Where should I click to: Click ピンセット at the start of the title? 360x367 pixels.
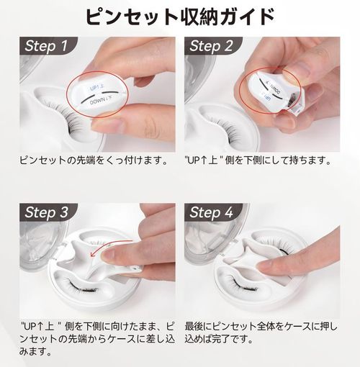122,17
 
